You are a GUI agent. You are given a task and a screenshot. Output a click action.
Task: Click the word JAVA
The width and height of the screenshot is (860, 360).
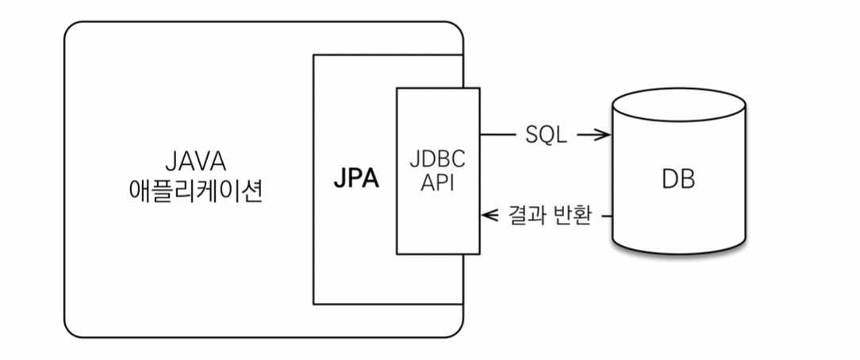click(195, 162)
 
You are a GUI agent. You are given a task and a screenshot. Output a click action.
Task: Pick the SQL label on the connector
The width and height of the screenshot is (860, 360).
click(546, 136)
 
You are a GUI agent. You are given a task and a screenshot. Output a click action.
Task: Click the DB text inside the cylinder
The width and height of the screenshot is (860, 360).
click(678, 179)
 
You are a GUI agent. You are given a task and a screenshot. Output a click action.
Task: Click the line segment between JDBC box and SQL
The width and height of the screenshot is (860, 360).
click(497, 136)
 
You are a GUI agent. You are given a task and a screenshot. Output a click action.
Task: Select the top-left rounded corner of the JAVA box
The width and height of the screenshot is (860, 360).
click(71, 29)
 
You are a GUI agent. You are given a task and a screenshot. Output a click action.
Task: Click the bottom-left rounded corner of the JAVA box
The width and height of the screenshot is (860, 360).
click(71, 331)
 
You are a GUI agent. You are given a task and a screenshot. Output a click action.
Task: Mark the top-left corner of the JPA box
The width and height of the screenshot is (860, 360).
click(314, 55)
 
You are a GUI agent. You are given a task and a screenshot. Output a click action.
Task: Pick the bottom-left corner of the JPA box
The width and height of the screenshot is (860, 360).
click(314, 304)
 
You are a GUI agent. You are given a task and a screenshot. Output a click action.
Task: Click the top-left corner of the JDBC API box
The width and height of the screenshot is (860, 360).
click(397, 89)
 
